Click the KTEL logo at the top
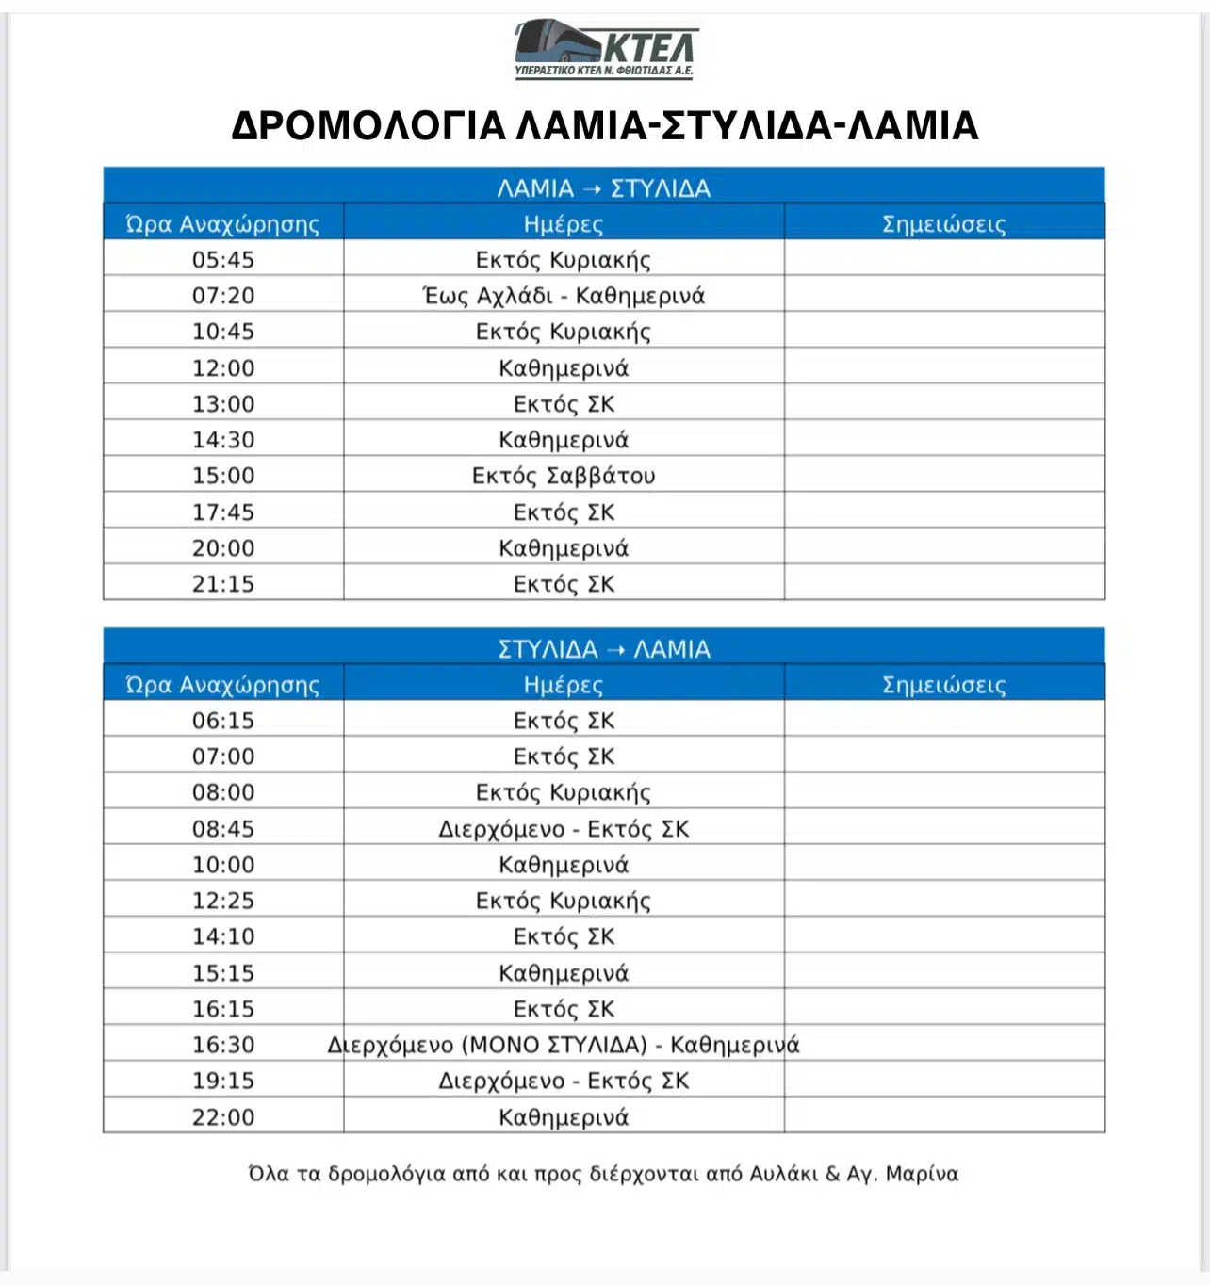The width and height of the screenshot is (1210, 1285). (x=604, y=49)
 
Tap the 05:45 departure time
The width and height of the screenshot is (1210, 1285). (x=223, y=260)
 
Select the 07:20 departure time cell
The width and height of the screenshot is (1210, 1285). (x=223, y=296)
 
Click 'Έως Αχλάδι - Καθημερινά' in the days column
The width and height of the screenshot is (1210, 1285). (x=564, y=296)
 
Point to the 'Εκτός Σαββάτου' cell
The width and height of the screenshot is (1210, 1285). (x=564, y=476)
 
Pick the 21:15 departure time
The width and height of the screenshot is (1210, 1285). (x=223, y=584)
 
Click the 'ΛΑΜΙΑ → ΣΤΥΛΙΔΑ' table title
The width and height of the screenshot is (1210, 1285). (x=604, y=188)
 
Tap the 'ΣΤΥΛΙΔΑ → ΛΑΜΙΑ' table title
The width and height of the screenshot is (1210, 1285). (x=604, y=649)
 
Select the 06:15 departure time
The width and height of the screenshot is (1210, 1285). (x=223, y=721)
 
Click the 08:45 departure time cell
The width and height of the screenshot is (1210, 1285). (x=223, y=829)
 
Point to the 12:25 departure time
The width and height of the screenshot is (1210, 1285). (x=223, y=901)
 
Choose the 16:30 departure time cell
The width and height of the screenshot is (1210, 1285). (x=223, y=1045)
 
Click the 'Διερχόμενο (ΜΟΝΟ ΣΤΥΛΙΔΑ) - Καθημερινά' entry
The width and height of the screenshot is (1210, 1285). (x=564, y=1045)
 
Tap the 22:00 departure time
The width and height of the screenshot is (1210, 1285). (x=223, y=1117)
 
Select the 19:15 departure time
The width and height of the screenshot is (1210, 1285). (x=223, y=1081)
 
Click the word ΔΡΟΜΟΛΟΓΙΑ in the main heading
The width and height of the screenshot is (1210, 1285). (x=368, y=126)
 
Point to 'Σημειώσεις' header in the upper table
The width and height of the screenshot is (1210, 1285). (x=943, y=224)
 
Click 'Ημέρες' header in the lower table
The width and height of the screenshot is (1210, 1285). (x=564, y=685)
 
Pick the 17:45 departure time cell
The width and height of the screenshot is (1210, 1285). (x=223, y=512)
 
